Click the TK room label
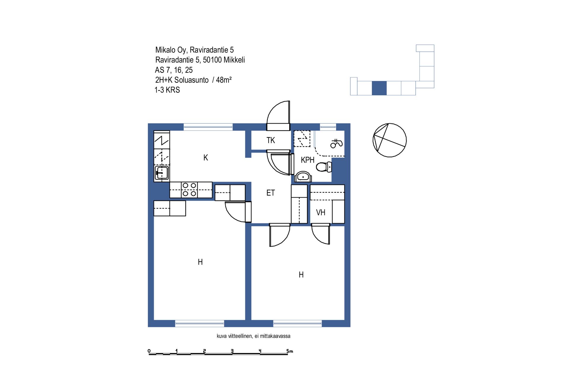[x=271, y=140]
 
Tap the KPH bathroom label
[x=307, y=160]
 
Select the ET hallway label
[x=271, y=193]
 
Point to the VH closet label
[x=321, y=213]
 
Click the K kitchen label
[x=206, y=158]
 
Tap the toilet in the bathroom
[x=324, y=167]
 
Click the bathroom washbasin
[x=303, y=177]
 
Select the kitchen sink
[x=162, y=172]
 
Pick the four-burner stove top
[x=189, y=189]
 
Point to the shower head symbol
[x=336, y=143]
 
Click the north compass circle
[x=389, y=140]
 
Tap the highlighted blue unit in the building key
[x=379, y=88]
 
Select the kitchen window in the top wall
[x=208, y=127]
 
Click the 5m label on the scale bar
[x=290, y=351]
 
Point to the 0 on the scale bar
[x=149, y=351]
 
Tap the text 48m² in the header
[x=224, y=80]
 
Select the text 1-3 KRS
[x=167, y=90]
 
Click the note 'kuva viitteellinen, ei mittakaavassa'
[x=253, y=336]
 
